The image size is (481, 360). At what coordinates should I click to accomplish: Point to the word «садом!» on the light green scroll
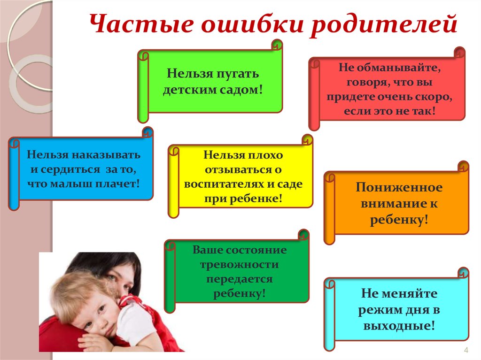point(240,88)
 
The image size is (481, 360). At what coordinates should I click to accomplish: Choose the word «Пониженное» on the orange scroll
point(399,188)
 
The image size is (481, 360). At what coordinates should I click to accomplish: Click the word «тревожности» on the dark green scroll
point(239,265)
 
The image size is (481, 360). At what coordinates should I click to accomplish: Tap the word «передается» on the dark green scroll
point(239,279)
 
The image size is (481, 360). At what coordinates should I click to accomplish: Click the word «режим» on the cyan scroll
point(377,310)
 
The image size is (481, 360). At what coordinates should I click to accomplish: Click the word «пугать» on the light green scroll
point(238,74)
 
